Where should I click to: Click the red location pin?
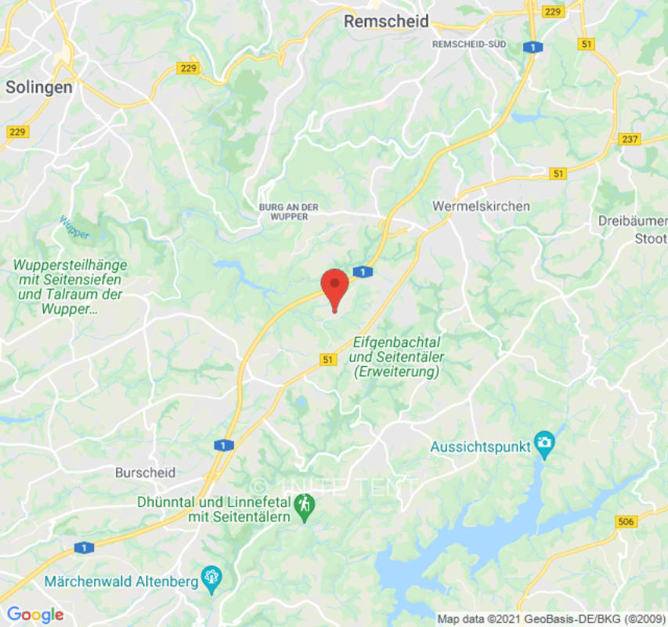click(x=335, y=286)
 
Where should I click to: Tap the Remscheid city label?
click(x=387, y=22)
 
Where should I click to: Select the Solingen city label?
click(x=39, y=87)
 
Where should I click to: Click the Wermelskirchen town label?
click(x=481, y=206)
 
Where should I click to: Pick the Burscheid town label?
click(x=145, y=473)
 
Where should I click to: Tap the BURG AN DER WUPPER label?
click(x=289, y=211)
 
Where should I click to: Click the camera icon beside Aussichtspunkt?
click(x=544, y=444)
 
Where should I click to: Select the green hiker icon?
click(x=304, y=508)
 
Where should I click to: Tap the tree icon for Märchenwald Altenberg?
click(x=211, y=579)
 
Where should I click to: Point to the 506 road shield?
click(x=626, y=521)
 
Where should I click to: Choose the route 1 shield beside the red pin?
click(x=363, y=272)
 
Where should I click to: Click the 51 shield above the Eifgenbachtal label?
click(x=329, y=359)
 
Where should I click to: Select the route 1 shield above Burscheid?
click(x=223, y=445)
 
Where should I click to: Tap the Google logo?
click(x=34, y=614)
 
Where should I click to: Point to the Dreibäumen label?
click(x=633, y=221)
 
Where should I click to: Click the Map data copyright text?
click(x=551, y=619)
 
